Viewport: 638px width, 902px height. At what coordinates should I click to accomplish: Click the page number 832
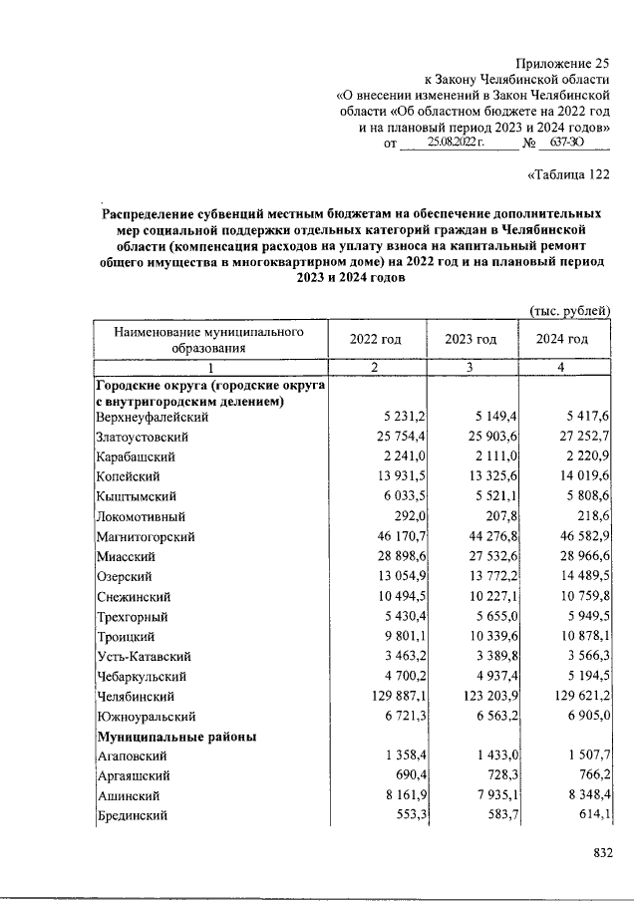point(601,853)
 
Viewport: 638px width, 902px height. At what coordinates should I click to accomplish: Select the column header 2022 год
point(375,339)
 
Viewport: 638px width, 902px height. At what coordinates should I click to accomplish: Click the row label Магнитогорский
point(143,536)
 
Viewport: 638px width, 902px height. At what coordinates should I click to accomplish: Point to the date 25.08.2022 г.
point(455,144)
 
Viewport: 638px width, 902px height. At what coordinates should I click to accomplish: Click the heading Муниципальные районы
point(176,737)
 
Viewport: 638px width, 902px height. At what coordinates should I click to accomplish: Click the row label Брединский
point(135,816)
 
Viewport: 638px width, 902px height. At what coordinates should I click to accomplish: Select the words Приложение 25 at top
point(562,62)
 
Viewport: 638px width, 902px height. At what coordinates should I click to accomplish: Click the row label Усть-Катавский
point(143,656)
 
